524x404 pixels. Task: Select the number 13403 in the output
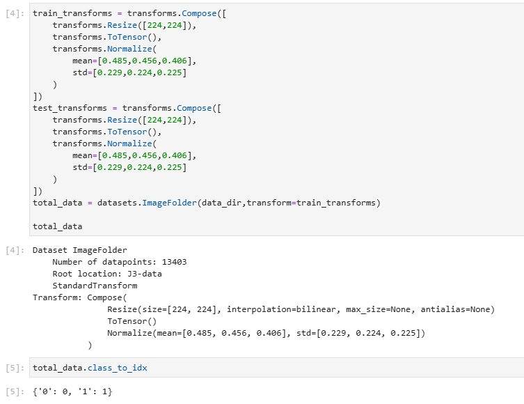click(x=174, y=262)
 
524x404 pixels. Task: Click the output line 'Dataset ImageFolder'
click(x=79, y=250)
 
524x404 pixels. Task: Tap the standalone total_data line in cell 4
click(x=57, y=226)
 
